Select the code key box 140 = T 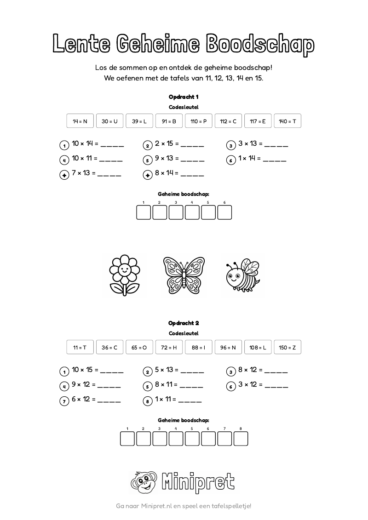click(287, 121)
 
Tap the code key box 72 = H click(169, 348)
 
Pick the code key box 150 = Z click(287, 348)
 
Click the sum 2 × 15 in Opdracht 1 click(167, 144)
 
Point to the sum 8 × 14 click(167, 173)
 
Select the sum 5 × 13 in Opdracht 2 click(167, 370)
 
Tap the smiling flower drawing click(124, 275)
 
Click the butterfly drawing click(184, 275)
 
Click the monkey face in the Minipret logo click(144, 482)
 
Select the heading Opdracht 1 click(184, 97)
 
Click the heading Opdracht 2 click(184, 323)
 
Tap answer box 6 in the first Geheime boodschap click(224, 212)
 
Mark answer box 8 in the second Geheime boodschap click(241, 439)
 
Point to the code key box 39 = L click(139, 121)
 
